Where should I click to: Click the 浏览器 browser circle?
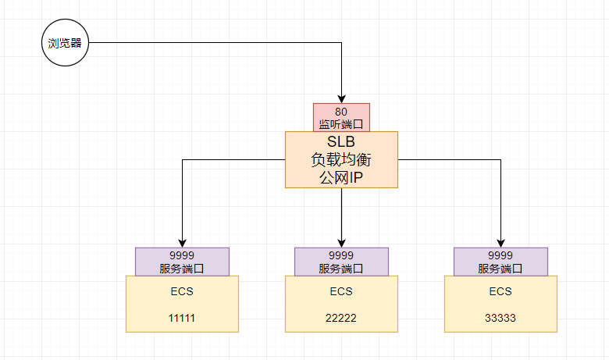coord(64,43)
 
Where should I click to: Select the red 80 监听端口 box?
coord(341,117)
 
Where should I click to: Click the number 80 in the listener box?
coord(341,112)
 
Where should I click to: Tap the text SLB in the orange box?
coord(341,143)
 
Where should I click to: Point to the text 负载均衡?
coord(341,160)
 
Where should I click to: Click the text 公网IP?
coord(341,177)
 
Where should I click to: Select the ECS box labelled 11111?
coord(182,305)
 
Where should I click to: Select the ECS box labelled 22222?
coord(341,305)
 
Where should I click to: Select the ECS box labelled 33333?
coord(500,305)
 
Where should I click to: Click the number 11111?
coord(182,318)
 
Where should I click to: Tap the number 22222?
coord(341,318)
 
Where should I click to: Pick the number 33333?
coord(500,318)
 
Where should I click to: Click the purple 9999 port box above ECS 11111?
coord(182,262)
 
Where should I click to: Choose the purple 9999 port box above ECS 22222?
coord(341,262)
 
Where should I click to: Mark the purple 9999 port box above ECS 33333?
coord(500,262)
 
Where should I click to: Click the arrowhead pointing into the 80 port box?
coord(341,98)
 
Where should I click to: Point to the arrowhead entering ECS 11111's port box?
coord(182,242)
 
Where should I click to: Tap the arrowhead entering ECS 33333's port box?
coord(500,242)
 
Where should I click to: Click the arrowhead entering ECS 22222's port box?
coord(341,242)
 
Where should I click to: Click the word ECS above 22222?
coord(341,291)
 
